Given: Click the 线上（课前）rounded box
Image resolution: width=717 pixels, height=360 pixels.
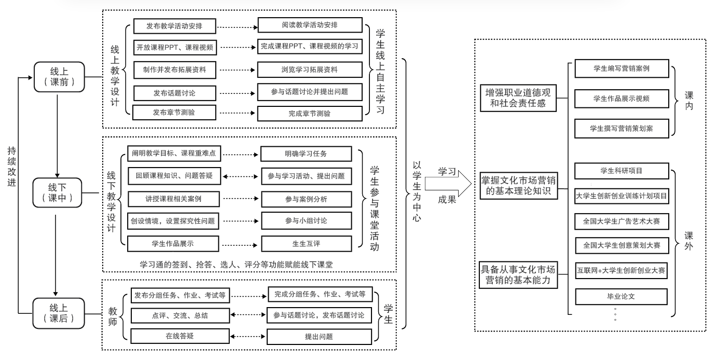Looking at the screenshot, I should click(x=58, y=77).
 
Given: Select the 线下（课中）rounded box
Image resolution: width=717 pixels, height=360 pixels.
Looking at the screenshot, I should click(x=58, y=192).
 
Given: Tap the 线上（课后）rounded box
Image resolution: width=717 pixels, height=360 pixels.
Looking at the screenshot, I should click(x=58, y=313).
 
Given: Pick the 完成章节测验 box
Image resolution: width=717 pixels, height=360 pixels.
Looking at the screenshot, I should click(x=309, y=113).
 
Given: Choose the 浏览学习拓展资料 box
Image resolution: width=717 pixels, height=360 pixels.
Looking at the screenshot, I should click(x=309, y=70).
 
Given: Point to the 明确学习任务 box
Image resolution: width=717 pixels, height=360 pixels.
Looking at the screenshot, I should click(x=306, y=154).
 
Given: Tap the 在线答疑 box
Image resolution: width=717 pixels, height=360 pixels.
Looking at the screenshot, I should click(x=180, y=336).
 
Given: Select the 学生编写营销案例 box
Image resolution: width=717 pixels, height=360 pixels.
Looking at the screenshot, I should click(x=622, y=68).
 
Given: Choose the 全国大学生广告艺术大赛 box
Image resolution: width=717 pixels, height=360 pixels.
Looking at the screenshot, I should click(x=622, y=221).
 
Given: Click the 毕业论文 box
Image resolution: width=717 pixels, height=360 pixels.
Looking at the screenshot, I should click(x=622, y=297).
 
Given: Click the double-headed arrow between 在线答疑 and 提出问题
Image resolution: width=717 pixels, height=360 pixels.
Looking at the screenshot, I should click(x=248, y=337).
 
